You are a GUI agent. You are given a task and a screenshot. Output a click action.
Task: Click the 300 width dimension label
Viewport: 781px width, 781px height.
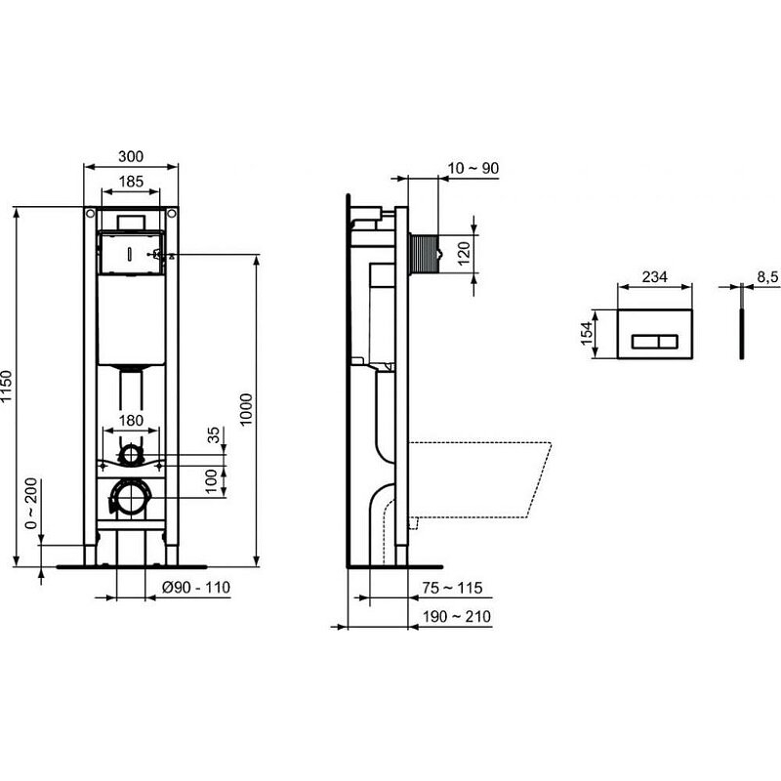[131, 156]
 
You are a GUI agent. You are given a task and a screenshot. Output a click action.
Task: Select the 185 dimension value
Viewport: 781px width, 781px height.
[131, 182]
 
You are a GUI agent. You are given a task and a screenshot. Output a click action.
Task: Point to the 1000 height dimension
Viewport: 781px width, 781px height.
[246, 409]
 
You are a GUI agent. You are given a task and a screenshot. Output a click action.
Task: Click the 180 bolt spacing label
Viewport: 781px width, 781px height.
[131, 421]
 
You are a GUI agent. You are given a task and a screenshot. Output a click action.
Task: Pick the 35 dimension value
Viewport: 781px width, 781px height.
[214, 434]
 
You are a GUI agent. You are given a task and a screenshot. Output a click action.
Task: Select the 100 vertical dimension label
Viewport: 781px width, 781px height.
[212, 480]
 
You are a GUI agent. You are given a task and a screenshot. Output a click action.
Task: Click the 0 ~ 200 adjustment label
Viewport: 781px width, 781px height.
[31, 503]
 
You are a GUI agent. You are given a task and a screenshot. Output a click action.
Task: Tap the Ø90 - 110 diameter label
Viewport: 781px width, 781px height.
[196, 588]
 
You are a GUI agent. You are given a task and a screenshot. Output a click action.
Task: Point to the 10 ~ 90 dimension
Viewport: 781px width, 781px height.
[473, 168]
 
